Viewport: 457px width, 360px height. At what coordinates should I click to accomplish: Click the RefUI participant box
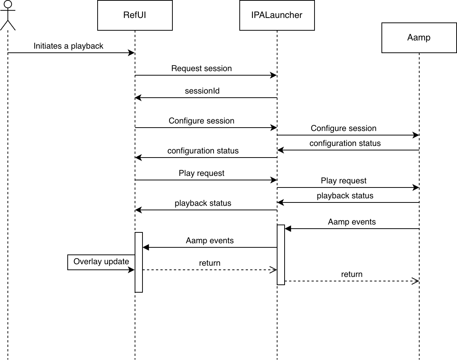(135, 15)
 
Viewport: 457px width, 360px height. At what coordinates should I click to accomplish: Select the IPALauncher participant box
(277, 15)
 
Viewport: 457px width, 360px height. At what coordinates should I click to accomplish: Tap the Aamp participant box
(419, 38)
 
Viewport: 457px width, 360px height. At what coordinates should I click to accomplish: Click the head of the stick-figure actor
(8, 4)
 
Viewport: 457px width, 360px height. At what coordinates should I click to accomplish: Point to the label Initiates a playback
(68, 46)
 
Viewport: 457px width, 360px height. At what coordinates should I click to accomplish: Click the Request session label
(202, 68)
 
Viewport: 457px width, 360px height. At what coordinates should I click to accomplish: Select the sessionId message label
(202, 91)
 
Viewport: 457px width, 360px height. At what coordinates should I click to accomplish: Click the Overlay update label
(101, 262)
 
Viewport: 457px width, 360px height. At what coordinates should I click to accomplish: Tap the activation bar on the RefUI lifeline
(139, 262)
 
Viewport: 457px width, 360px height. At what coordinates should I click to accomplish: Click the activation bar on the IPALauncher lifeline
(281, 254)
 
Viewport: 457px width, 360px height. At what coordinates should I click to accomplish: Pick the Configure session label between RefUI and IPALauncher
(202, 121)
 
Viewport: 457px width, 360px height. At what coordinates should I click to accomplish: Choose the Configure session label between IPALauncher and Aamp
(344, 128)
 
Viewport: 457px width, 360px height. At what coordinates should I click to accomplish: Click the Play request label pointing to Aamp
(344, 181)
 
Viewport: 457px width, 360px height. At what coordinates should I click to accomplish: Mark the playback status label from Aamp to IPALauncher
(345, 195)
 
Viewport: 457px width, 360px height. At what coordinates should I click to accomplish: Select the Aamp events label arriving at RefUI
(210, 240)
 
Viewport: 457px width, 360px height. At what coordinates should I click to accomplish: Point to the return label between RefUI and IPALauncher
(210, 263)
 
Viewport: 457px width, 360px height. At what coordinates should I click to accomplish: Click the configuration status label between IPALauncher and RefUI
(203, 151)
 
